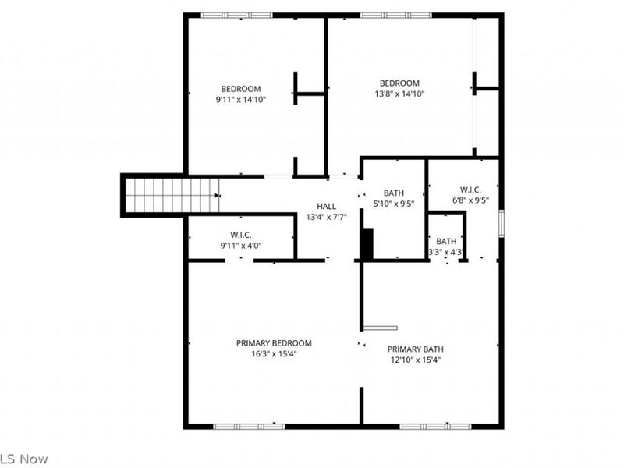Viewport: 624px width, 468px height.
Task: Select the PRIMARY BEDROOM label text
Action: pos(274,342)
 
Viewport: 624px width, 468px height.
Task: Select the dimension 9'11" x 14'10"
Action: pos(241,100)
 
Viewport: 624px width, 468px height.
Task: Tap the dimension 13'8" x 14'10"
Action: pos(399,94)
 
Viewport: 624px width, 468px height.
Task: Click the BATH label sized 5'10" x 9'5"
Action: pos(394,193)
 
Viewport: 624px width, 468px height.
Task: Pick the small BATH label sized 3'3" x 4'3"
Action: pos(446,241)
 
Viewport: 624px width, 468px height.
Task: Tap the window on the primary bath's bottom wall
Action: pos(435,426)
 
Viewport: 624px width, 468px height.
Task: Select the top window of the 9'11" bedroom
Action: pos(232,15)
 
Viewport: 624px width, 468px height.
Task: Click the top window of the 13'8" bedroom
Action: pos(395,15)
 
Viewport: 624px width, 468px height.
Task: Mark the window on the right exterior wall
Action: pos(502,222)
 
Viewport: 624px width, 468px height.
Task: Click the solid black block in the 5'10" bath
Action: pos(367,243)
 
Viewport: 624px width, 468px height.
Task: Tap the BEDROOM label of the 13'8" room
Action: pos(399,83)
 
